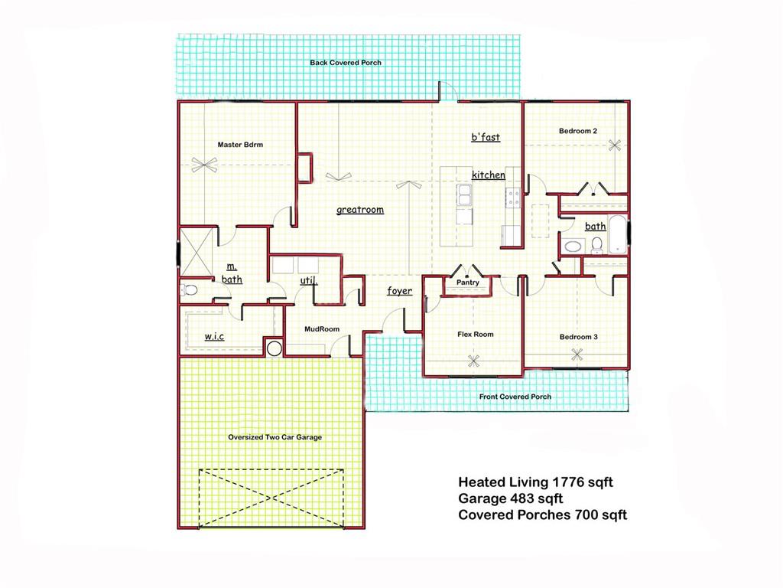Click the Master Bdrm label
pyautogui.click(x=240, y=145)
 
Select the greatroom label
pyautogui.click(x=360, y=210)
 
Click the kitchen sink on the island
pyautogui.click(x=464, y=196)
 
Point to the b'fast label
pyautogui.click(x=486, y=138)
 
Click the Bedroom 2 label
pyautogui.click(x=577, y=131)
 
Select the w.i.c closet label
pyautogui.click(x=213, y=337)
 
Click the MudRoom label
pyautogui.click(x=322, y=329)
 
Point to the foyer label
pyautogui.click(x=399, y=291)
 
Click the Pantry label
pyautogui.click(x=467, y=283)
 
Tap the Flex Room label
pyautogui.click(x=475, y=335)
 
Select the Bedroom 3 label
pyautogui.click(x=578, y=337)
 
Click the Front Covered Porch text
pyautogui.click(x=515, y=397)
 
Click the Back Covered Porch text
pyautogui.click(x=346, y=63)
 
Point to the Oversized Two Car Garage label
pyautogui.click(x=275, y=437)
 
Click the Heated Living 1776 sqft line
pyautogui.click(x=535, y=482)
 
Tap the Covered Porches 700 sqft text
pyautogui.click(x=542, y=514)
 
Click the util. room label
pyautogui.click(x=308, y=281)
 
